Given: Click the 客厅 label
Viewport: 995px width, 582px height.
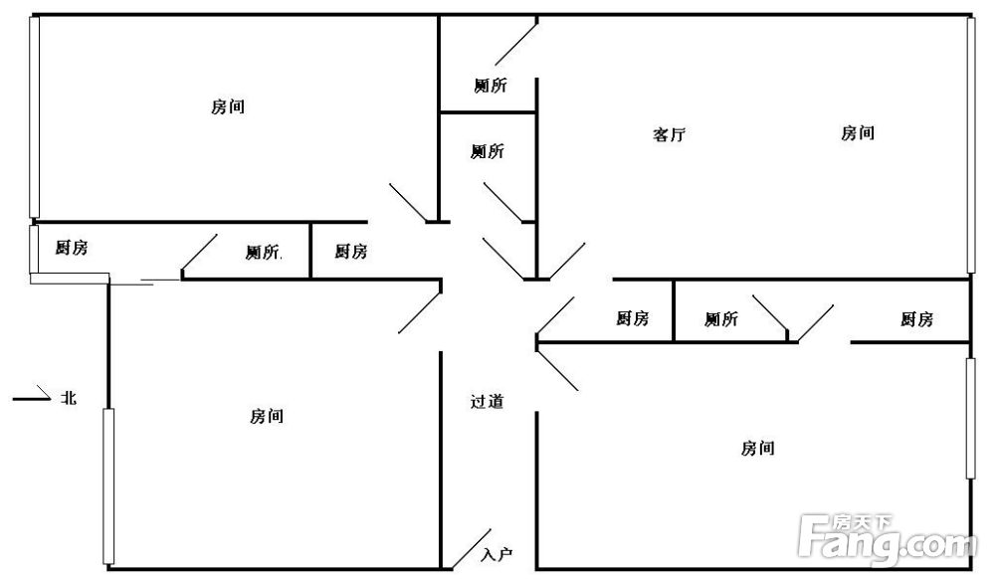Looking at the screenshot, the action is tap(669, 134).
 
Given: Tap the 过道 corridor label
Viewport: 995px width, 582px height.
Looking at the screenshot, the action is tap(487, 401).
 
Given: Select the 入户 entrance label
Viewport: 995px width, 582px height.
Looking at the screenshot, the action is tap(497, 555).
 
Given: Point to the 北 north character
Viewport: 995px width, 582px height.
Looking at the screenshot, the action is tap(69, 398).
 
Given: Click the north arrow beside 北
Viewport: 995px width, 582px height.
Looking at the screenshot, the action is tap(32, 395).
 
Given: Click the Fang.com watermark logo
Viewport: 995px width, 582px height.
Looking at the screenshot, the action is tap(889, 539).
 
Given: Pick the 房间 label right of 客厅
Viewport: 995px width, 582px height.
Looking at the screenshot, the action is tap(858, 133).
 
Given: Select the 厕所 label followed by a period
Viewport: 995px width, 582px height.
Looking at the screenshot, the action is tap(264, 252).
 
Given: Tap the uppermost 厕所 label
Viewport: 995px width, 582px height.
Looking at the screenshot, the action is tap(491, 85).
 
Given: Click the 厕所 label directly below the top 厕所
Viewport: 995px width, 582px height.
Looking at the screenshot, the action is tap(488, 151).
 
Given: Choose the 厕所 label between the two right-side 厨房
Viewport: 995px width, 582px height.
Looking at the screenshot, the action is tap(721, 318).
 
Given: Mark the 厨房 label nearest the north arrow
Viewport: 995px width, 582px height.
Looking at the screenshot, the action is tap(71, 248).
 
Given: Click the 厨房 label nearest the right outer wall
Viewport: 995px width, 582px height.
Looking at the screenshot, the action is tap(916, 319).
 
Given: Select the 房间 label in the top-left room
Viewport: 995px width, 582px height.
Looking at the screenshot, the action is tap(228, 106).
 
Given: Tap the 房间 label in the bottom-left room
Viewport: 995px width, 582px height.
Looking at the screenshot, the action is tap(267, 416).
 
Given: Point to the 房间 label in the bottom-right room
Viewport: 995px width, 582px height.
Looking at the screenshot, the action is tap(757, 449).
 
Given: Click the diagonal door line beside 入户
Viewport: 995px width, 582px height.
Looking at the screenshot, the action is tap(472, 549).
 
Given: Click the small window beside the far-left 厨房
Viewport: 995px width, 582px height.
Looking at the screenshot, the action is tap(34, 250).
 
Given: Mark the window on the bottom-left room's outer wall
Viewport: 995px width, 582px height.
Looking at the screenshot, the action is tap(108, 486).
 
